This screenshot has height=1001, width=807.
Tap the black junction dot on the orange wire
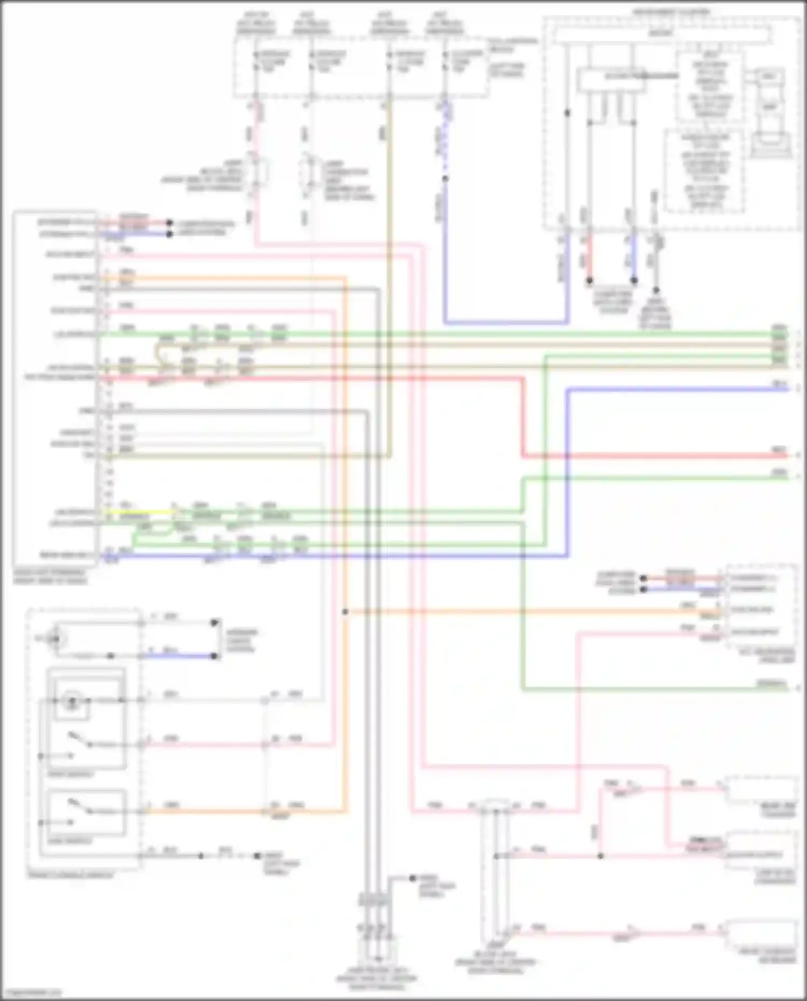[x=345, y=612]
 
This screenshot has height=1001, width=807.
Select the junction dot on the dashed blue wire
[x=445, y=178]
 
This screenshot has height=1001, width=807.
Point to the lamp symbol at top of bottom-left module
[x=54, y=638]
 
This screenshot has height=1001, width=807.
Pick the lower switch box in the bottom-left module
[x=86, y=813]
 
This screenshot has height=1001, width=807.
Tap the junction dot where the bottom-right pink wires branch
[x=600, y=856]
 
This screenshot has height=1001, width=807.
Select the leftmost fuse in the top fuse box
[x=256, y=62]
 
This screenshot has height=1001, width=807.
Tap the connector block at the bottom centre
[x=375, y=900]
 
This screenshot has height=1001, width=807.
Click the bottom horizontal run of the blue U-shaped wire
[x=506, y=323]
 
